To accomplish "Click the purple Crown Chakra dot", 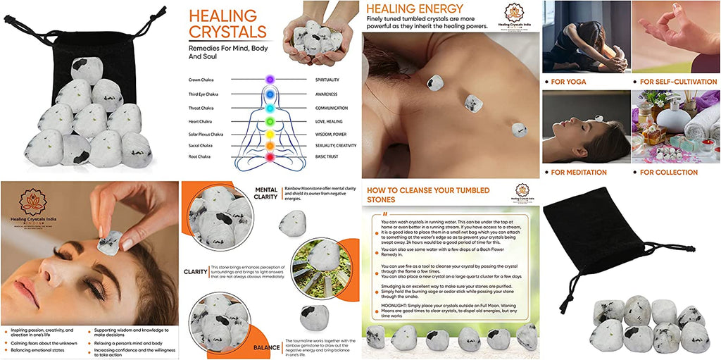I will [268, 80].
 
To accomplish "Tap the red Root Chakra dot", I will [268, 156].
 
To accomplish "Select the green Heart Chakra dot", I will [268, 121].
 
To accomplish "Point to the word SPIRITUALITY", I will [332, 80].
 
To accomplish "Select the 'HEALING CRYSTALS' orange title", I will [228, 24].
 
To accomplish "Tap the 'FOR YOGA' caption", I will [569, 82].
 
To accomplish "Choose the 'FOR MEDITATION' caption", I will [579, 172].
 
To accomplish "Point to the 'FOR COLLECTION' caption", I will [669, 172].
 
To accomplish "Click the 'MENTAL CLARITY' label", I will [265, 194].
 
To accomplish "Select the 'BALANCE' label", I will [267, 347].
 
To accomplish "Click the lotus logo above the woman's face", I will [32, 202].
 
